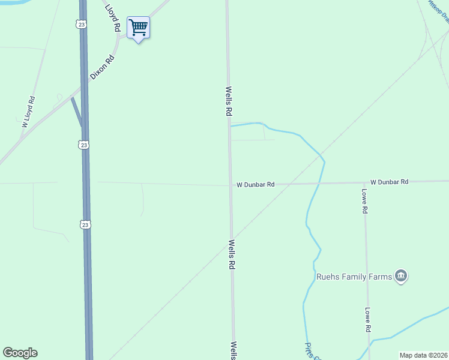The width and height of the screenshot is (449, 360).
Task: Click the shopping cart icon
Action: point(138,27)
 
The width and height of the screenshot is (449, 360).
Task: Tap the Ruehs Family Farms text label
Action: point(354,277)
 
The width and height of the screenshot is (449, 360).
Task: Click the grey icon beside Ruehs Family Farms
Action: point(402,276)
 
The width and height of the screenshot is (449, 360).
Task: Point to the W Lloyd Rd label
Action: point(29,112)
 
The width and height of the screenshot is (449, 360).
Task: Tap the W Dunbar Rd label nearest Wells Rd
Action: point(255,185)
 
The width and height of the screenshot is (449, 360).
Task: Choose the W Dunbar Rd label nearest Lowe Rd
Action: point(389,181)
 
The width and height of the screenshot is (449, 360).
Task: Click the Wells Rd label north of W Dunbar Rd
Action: point(229,101)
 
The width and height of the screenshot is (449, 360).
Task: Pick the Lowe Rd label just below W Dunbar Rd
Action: point(364,202)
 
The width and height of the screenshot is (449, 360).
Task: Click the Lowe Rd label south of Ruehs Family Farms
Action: point(368,320)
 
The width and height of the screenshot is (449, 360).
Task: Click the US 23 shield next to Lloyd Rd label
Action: point(82,24)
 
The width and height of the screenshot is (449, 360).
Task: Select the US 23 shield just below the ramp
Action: point(83,145)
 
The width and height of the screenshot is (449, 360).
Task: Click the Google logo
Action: point(20,353)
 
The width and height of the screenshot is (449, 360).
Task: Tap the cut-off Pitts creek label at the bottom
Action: point(310,351)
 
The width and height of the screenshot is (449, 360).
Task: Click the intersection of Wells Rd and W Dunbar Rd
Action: point(230,185)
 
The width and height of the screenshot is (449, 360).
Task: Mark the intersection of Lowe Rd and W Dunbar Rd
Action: point(365,182)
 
